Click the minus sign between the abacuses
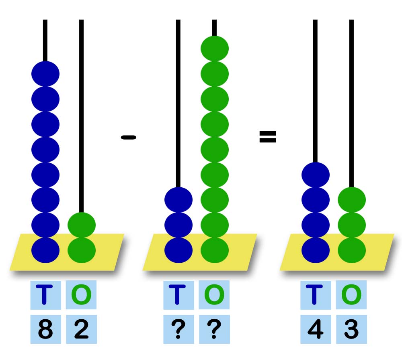129,138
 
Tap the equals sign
268,137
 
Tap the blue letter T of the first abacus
45,295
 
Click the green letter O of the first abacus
81,295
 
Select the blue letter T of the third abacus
315,295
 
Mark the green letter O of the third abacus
351,295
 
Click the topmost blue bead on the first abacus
45,74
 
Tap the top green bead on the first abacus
82,225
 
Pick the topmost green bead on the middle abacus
215,49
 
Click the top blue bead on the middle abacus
178,200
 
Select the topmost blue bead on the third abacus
316,175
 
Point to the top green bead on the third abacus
352,200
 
